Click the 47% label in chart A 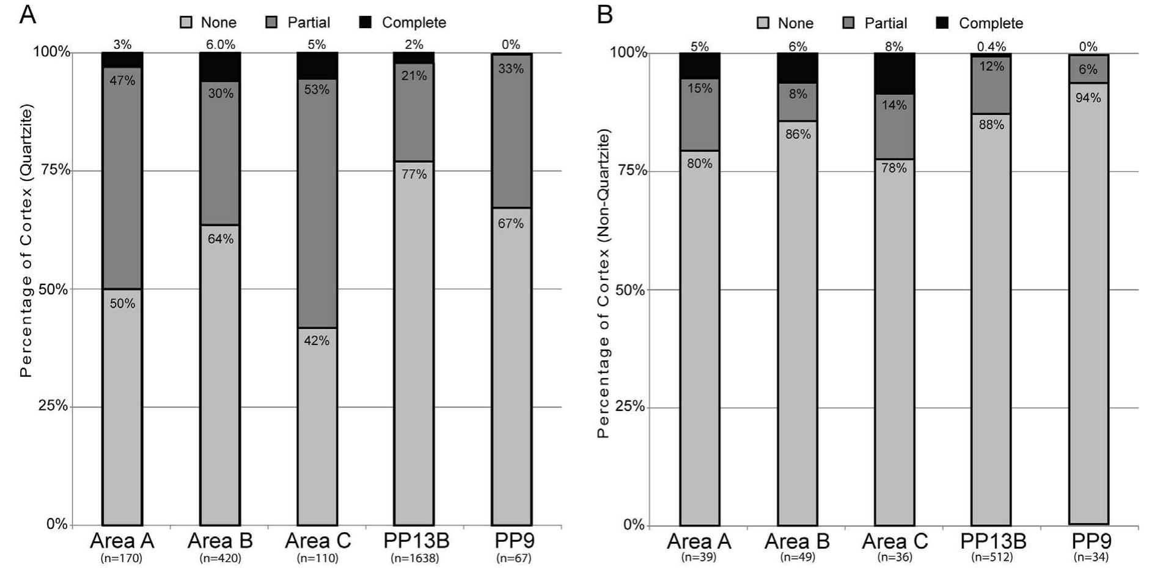122,81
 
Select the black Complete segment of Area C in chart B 894,73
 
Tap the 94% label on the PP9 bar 1088,98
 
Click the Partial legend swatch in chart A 272,23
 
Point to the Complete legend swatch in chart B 942,23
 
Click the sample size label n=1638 415,558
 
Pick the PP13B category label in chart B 993,541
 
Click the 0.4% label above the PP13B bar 991,46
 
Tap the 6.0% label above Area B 220,45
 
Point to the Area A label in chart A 122,541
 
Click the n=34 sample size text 1090,557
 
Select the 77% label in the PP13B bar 414,174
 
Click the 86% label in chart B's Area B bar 798,134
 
